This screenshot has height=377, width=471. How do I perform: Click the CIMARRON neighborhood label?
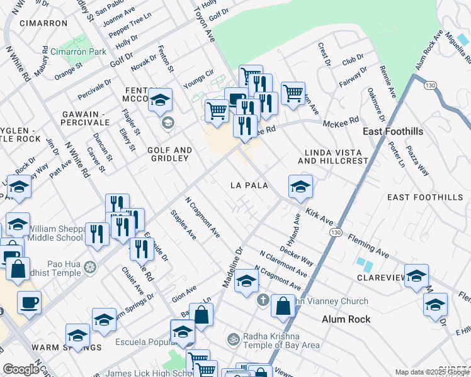43,23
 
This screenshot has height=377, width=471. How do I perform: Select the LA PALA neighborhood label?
249,185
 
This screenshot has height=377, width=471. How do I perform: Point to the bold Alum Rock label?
346,319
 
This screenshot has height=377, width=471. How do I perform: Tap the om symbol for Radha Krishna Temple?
233,339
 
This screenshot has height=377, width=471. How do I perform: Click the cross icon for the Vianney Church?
263,300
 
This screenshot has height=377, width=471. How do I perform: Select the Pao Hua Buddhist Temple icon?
91,266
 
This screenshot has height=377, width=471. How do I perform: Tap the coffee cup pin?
29,303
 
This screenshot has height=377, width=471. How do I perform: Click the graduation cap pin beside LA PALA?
300,186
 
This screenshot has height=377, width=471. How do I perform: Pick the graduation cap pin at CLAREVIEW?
416,275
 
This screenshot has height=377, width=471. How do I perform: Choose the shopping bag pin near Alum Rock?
283,306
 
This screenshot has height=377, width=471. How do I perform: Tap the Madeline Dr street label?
232,268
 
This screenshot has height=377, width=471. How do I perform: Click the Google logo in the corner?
21,369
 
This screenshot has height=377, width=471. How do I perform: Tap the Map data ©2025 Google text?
431,372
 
